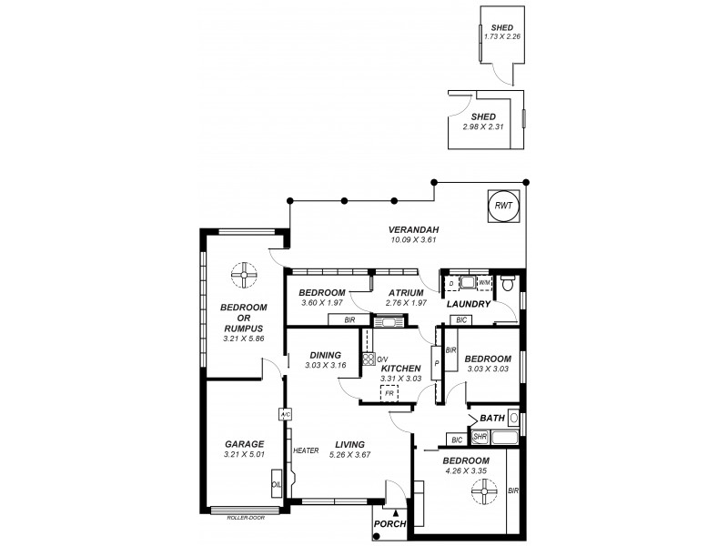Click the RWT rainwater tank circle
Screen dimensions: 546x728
coord(503,207)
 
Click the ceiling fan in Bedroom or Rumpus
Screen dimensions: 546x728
coord(244,273)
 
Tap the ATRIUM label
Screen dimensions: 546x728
coord(406,292)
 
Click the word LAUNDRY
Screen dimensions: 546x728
coord(469,304)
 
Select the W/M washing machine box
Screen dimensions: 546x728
coord(484,284)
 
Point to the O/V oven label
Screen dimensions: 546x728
coord(382,359)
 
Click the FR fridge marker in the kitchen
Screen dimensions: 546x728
coord(389,392)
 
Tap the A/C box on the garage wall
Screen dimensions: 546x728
coord(285,414)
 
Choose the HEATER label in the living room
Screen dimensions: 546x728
coord(306,450)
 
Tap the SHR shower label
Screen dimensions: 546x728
coord(480,438)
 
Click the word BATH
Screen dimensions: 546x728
coord(492,418)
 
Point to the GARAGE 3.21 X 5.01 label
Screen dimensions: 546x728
coord(244,450)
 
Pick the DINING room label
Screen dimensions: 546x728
coord(324,356)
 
